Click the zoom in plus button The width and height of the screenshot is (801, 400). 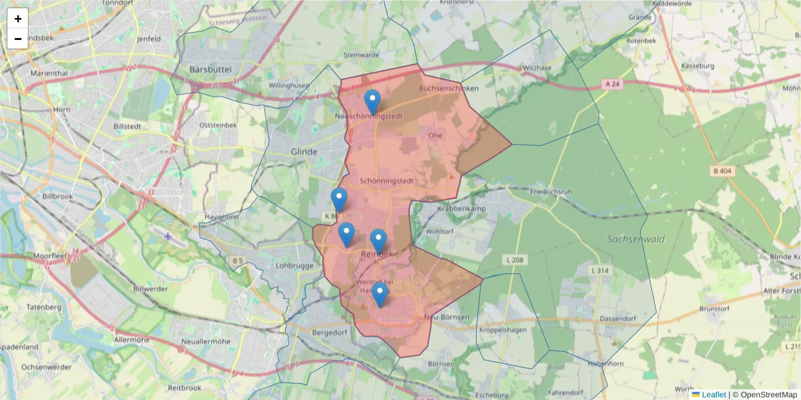click(18, 19)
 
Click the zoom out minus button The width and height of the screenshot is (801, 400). click(18, 39)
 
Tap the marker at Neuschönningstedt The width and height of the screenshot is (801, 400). click(372, 102)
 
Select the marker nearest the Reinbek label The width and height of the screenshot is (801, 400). click(378, 241)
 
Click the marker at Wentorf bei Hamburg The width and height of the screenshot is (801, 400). click(380, 294)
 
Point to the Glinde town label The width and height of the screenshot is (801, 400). click(304, 152)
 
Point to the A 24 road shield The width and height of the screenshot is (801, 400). click(612, 84)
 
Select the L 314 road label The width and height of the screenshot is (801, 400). click(601, 271)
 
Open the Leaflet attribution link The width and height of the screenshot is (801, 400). click(714, 395)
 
